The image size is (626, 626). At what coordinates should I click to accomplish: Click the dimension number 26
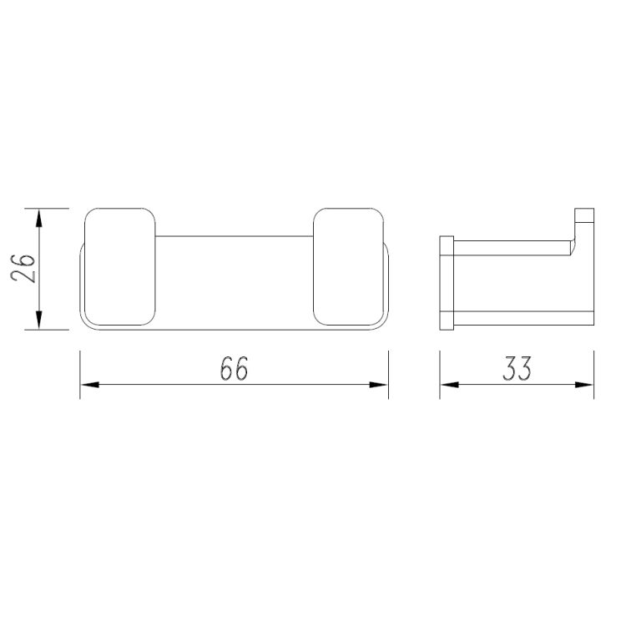coord(23,268)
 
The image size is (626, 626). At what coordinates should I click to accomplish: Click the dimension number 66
coord(234,368)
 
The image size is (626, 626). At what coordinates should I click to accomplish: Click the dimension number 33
coord(517,368)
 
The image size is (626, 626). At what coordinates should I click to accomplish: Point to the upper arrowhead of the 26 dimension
coord(38,218)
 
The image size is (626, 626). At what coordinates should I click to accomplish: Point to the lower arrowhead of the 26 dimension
coord(38,321)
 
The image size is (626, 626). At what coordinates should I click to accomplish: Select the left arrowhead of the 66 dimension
coord(90,385)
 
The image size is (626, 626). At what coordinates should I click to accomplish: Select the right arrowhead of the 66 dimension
coord(378,385)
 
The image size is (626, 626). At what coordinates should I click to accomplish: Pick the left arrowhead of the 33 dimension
coord(450,385)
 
